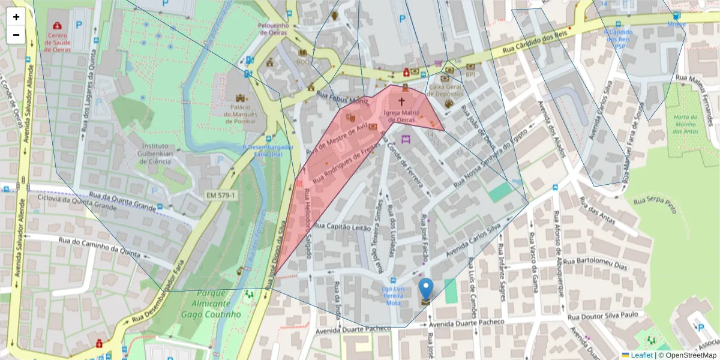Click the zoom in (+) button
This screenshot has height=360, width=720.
click(16, 17)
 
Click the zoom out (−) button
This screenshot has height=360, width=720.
click(16, 35)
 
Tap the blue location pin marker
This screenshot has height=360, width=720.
click(425, 289)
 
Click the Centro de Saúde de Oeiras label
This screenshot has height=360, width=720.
click(57, 43)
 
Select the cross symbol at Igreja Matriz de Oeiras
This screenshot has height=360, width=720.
click(401, 102)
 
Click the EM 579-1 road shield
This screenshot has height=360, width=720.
click(221, 195)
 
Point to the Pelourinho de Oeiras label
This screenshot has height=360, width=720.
click(274, 29)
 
